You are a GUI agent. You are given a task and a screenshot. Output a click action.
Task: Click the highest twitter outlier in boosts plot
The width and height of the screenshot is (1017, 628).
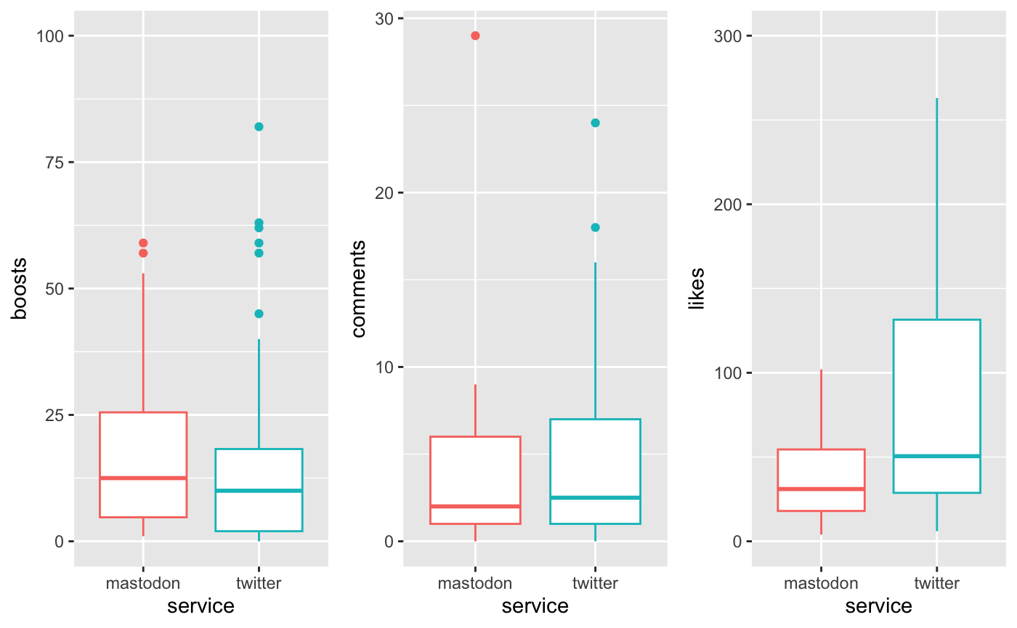point(259,126)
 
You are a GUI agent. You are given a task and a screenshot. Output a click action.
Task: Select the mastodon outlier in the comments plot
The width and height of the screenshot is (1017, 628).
point(475,36)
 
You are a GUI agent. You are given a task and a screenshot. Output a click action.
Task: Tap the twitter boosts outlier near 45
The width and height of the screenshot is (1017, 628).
point(259,314)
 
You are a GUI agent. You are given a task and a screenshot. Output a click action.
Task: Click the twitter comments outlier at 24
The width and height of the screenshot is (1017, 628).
point(595,123)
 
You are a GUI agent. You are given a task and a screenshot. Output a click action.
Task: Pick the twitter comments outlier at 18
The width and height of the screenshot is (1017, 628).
point(595,227)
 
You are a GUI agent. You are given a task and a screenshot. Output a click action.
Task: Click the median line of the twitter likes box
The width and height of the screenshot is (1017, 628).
point(936,456)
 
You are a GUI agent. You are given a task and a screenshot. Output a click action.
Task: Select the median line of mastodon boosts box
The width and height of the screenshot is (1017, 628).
point(143,478)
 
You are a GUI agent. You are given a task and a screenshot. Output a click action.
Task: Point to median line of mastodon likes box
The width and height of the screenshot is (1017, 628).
point(821,489)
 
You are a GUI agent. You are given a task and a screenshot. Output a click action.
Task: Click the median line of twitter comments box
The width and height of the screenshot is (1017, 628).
point(595,497)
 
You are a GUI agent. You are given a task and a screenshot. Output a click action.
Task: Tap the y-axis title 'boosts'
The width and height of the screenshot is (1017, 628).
point(19,288)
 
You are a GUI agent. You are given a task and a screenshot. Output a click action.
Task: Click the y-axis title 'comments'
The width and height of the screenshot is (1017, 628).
point(358,288)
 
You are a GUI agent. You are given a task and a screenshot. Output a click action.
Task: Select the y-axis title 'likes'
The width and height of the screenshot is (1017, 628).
point(697,288)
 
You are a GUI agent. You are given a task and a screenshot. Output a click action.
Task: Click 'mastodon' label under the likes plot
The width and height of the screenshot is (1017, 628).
point(821,582)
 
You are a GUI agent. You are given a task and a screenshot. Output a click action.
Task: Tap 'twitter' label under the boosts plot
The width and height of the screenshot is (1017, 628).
point(259,582)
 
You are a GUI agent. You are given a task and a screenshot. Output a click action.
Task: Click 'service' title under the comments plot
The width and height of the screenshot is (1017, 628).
point(535,606)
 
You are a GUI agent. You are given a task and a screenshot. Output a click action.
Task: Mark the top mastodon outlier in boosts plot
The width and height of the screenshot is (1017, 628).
point(143,243)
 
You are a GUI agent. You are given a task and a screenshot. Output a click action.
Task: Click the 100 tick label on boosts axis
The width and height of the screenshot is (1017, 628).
point(45,36)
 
